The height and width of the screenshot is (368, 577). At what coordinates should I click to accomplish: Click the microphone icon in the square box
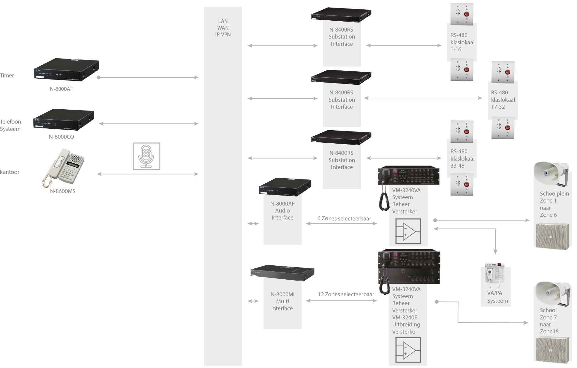coord(146,156)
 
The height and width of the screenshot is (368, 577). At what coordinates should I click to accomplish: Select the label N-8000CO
coord(62,137)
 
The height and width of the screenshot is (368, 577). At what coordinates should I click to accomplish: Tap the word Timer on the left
coord(7,76)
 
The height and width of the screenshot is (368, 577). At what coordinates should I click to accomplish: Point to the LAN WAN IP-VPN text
coord(223,28)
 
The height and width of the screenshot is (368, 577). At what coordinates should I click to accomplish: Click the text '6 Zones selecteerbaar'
coord(344,218)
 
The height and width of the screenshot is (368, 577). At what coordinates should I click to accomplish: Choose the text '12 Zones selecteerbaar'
coord(346,294)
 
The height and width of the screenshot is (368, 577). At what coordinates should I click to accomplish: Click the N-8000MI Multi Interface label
coord(282,301)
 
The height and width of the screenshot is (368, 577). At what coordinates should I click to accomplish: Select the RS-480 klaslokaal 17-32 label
coord(503,100)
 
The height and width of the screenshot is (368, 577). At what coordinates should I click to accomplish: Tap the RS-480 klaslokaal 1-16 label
coord(462,42)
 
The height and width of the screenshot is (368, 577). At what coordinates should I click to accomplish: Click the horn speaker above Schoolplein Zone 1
coord(551,174)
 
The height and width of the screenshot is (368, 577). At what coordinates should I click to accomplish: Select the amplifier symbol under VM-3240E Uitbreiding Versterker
coord(408,350)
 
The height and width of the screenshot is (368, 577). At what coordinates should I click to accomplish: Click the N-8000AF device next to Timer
coord(66,70)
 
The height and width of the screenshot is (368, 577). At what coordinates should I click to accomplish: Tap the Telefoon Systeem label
coord(11,125)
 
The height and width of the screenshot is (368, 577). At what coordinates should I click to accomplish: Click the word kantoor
coord(10,172)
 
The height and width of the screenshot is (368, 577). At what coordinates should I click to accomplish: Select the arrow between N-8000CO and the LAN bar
coord(149,124)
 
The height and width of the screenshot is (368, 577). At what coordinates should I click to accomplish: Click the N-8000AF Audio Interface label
coord(282,210)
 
